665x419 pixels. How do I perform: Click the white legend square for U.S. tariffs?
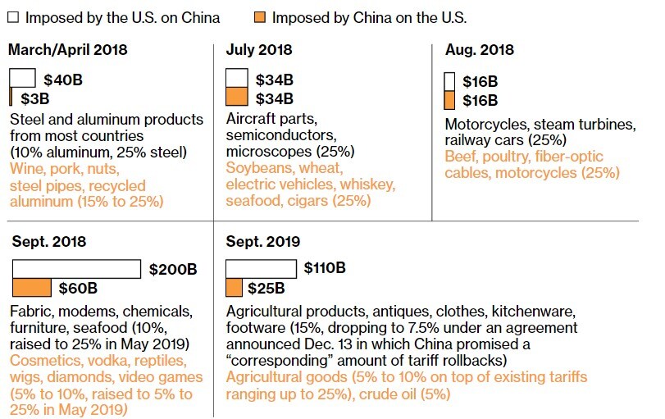[14, 17]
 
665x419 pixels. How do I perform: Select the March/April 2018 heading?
[68, 50]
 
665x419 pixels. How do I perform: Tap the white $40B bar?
[22, 79]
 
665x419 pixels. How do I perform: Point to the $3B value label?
[35, 99]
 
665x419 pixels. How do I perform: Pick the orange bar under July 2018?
[236, 98]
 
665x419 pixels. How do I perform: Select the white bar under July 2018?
[236, 79]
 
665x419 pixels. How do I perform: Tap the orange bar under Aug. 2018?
[449, 100]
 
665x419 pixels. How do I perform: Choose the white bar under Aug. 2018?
[449, 81]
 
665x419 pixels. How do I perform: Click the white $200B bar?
[76, 269]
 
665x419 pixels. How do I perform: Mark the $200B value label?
[173, 269]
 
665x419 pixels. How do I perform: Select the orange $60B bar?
[32, 288]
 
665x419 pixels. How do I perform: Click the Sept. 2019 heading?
[262, 242]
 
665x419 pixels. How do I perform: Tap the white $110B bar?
[261, 269]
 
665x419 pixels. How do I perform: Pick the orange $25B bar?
[234, 288]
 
